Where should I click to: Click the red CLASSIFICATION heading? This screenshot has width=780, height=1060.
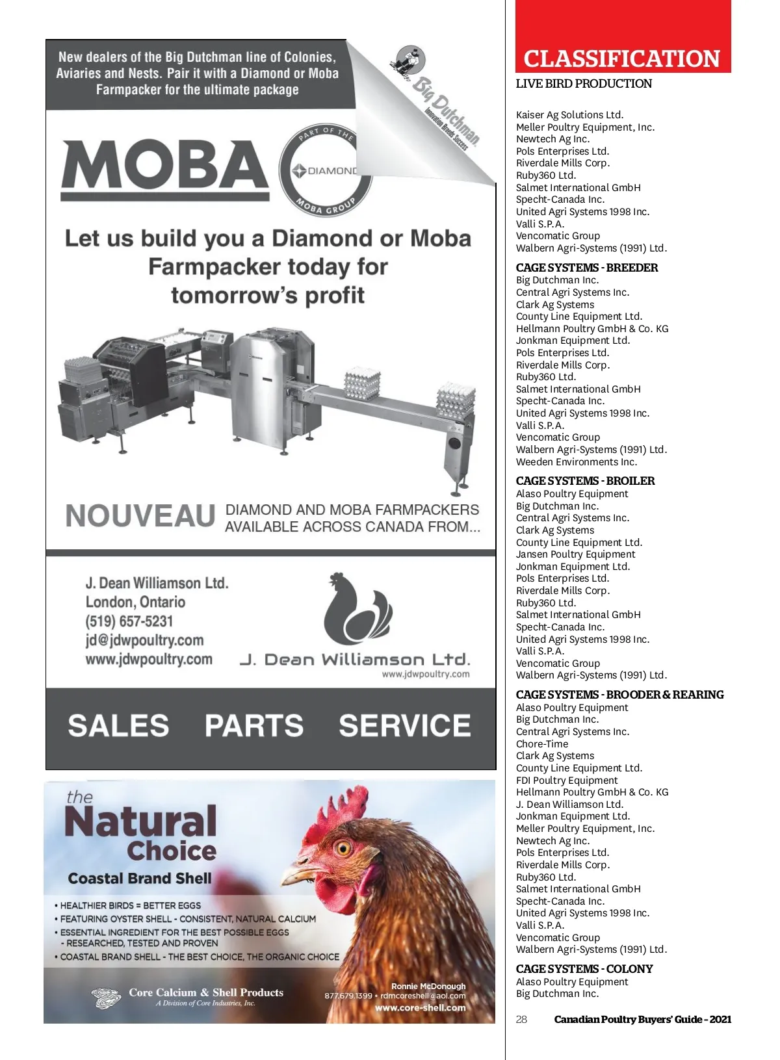pyautogui.click(x=622, y=59)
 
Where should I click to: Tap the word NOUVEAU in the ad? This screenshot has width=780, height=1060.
pyautogui.click(x=140, y=517)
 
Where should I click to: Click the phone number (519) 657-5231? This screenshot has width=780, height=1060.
pyautogui.click(x=129, y=621)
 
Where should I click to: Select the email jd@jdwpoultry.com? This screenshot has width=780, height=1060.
pyautogui.click(x=144, y=640)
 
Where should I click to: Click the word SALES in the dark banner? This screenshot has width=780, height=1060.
pyautogui.click(x=118, y=726)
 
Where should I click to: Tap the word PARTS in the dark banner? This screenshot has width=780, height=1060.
pyautogui.click(x=254, y=726)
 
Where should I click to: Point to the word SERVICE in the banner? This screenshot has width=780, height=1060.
pyautogui.click(x=404, y=726)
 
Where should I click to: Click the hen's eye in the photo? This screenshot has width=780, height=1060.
pyautogui.click(x=343, y=847)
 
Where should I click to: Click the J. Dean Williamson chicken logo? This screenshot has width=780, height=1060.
pyautogui.click(x=358, y=608)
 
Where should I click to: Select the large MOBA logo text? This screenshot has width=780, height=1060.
pyautogui.click(x=165, y=165)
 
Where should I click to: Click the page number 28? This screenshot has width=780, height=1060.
pyautogui.click(x=521, y=1019)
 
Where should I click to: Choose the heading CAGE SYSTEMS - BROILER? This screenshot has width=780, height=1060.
pyautogui.click(x=585, y=481)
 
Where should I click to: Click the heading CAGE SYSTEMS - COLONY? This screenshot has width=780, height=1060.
pyautogui.click(x=584, y=969)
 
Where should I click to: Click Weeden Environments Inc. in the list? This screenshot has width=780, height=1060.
pyautogui.click(x=577, y=462)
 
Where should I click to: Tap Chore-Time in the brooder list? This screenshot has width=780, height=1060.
pyautogui.click(x=542, y=744)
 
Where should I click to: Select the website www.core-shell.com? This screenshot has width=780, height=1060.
pyautogui.click(x=420, y=1008)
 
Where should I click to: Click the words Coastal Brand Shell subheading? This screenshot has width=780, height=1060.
pyautogui.click(x=140, y=879)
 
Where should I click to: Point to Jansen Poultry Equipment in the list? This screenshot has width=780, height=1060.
pyautogui.click(x=576, y=554)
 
